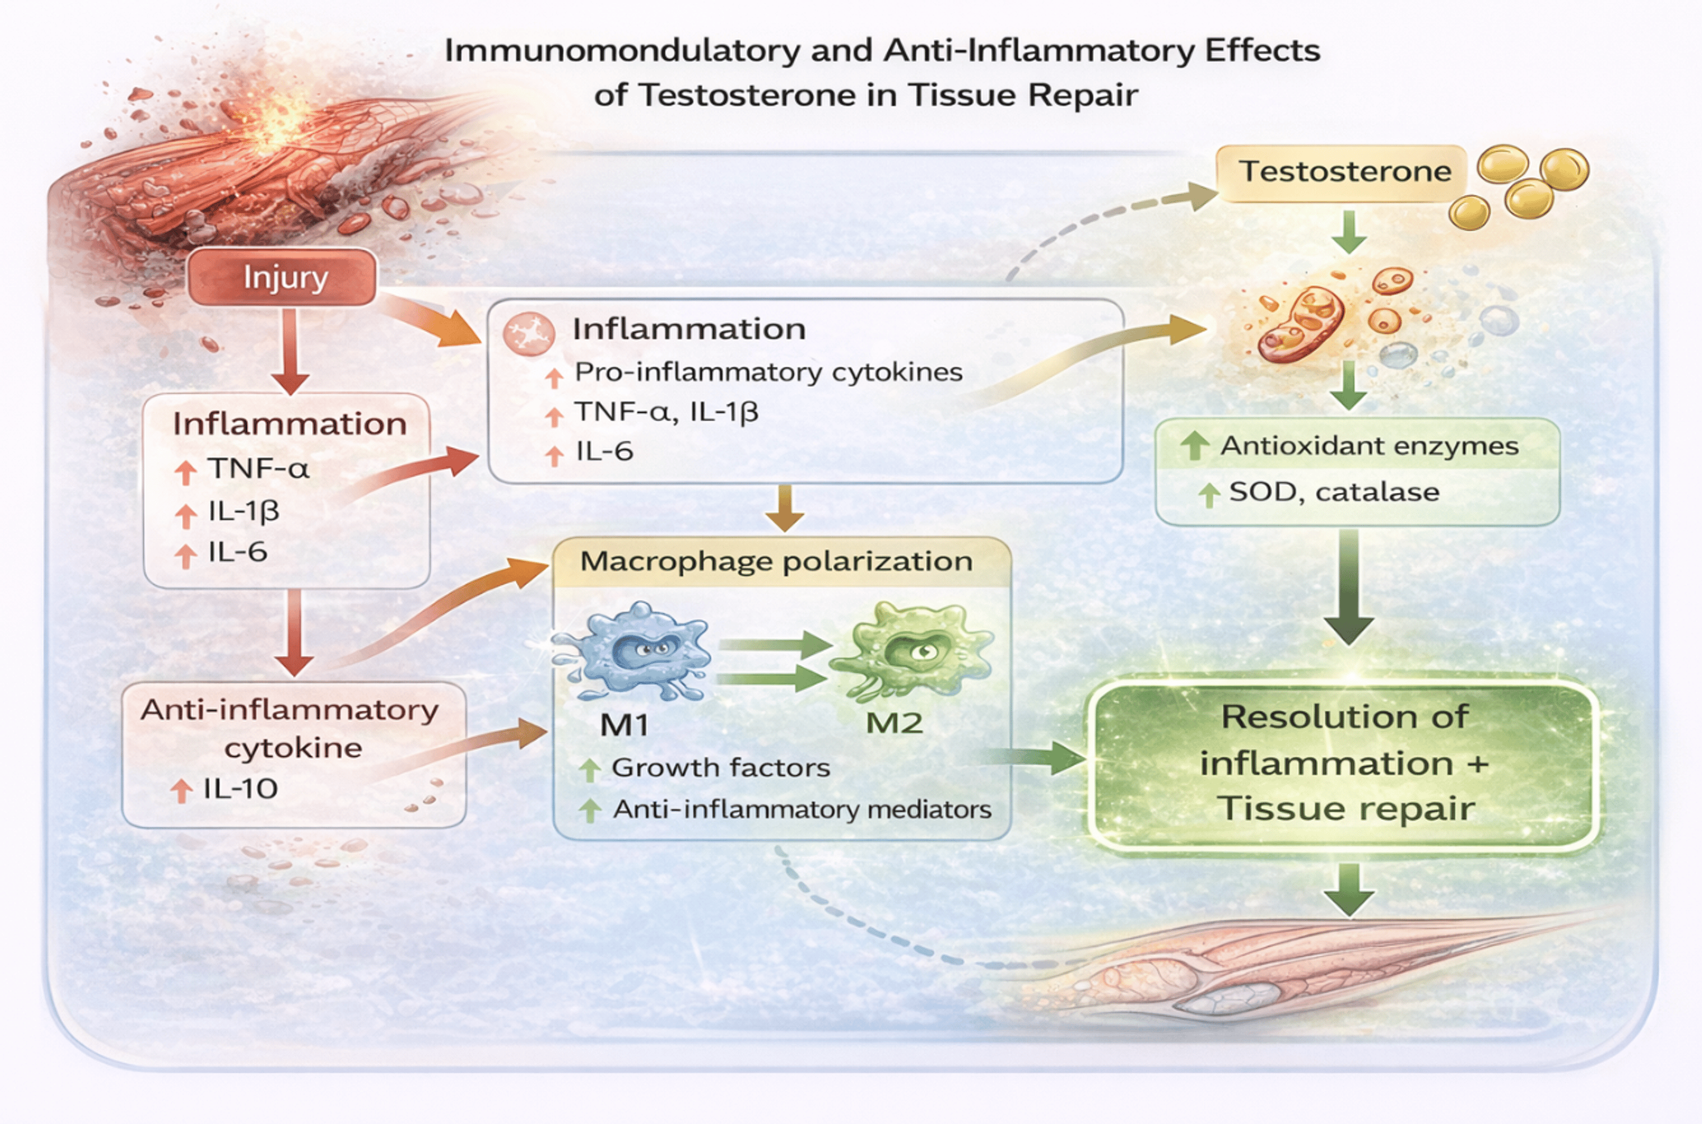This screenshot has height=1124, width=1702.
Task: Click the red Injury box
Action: (283, 277)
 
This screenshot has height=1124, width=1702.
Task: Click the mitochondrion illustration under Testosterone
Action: (1301, 323)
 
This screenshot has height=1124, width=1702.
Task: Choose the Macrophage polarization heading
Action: (776, 561)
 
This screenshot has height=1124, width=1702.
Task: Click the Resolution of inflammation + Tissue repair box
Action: (1343, 764)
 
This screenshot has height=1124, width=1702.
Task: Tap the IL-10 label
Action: (240, 789)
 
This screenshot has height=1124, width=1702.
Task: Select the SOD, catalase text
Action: (1334, 492)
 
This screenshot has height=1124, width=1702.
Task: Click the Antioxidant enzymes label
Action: (1369, 446)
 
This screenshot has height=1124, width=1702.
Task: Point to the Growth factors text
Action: (720, 768)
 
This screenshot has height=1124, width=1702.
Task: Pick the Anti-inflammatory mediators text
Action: (801, 809)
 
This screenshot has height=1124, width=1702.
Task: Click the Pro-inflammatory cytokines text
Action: (768, 372)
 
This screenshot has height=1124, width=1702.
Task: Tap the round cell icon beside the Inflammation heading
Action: (529, 333)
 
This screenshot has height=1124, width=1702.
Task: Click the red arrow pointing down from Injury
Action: (290, 351)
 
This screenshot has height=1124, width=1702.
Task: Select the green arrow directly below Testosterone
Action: (1349, 231)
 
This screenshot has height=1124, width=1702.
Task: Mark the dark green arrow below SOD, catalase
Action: (1349, 588)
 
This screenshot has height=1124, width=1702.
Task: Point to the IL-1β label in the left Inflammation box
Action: (243, 511)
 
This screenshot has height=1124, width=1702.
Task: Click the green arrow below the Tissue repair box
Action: (1349, 889)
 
